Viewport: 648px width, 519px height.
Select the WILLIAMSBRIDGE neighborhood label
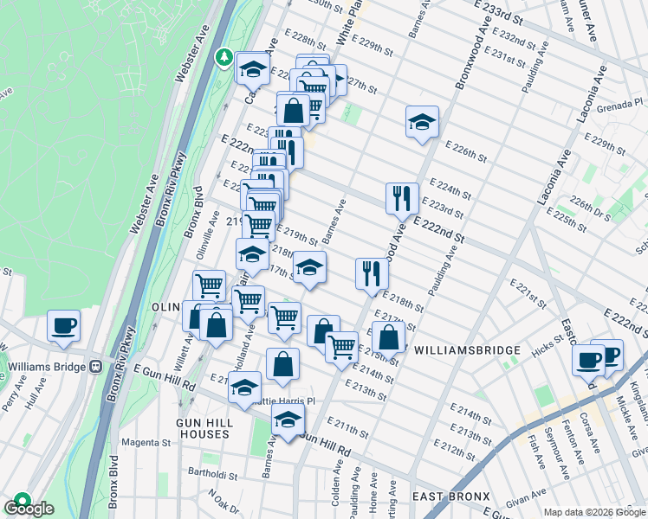click(x=468, y=350)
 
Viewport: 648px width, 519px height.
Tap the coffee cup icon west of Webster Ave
click(x=64, y=326)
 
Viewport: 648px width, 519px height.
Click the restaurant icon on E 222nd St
click(x=402, y=198)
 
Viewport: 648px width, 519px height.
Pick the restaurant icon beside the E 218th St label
click(x=372, y=273)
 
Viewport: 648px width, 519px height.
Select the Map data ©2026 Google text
click(x=594, y=512)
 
